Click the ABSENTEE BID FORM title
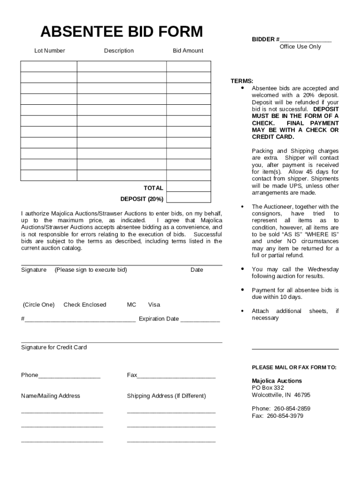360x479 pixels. tap(122, 32)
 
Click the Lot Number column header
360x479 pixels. tap(50, 51)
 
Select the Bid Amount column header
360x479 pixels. tap(188, 51)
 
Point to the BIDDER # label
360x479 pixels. tap(266, 39)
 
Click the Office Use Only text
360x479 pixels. tap(300, 47)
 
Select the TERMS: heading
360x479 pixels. tap(242, 81)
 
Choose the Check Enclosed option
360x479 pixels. tap(85, 305)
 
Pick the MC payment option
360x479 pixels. tap(131, 305)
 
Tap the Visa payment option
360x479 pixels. tap(154, 305)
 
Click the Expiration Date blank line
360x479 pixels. tap(200, 320)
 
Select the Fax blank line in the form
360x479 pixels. tap(176, 376)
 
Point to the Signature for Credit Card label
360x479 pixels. tap(54, 347)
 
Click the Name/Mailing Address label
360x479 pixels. tap(50, 396)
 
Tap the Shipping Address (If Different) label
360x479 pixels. tap(166, 396)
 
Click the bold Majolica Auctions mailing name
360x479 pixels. tap(277, 381)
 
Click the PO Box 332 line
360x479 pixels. tap(268, 388)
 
